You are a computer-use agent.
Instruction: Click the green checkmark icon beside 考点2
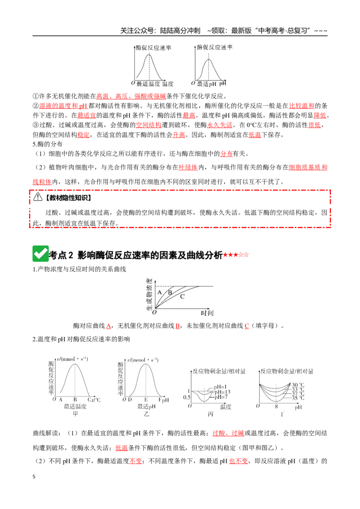coord(40,254)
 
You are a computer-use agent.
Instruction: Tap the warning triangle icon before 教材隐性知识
coord(38,196)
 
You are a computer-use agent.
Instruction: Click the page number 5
coord(34,477)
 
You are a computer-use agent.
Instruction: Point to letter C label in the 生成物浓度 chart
coord(182,296)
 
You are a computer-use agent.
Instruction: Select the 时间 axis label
coord(207,313)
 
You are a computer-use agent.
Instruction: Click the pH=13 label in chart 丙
coord(222,392)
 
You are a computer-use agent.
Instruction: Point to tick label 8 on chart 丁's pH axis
coord(276,406)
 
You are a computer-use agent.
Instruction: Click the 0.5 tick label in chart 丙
coord(187,397)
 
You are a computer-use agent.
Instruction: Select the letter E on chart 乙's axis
coord(146,400)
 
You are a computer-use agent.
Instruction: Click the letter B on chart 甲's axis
coord(75,400)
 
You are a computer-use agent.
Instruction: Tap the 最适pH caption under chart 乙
coord(146,406)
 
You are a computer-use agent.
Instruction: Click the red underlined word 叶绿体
coord(188,168)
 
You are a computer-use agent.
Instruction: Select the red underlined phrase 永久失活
coord(220,125)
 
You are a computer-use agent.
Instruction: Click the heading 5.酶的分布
coord(47,144)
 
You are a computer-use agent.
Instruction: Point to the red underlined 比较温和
coord(302,106)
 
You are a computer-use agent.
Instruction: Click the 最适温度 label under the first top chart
coord(148,84)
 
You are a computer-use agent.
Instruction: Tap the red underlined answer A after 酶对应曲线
coord(108,326)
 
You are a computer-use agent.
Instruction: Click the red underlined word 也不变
coord(238,461)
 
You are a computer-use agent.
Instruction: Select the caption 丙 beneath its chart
coord(211,414)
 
